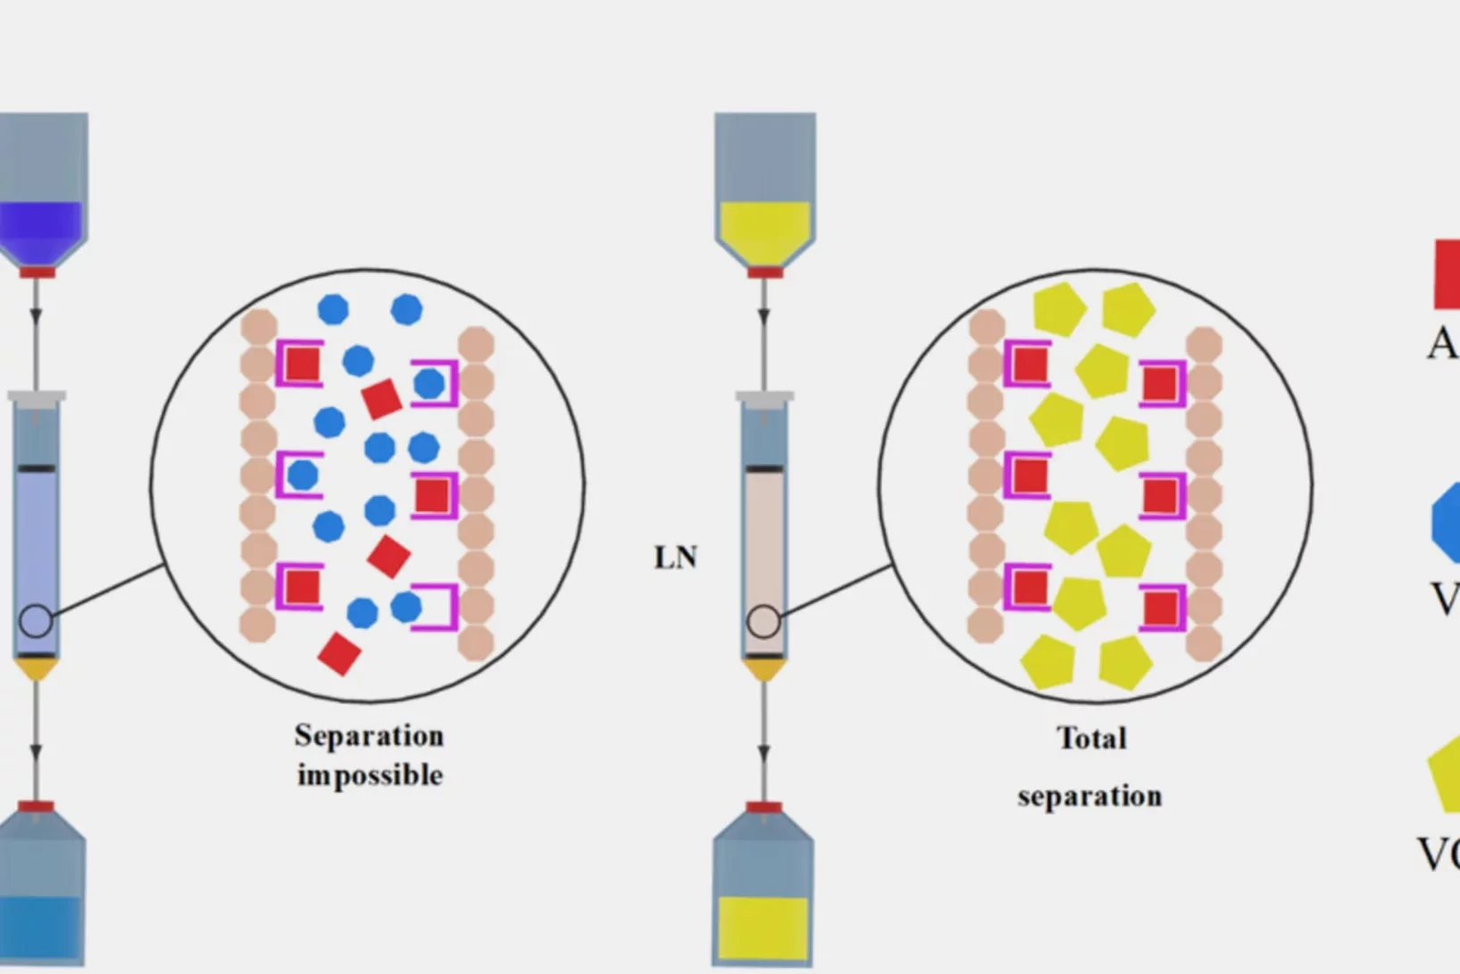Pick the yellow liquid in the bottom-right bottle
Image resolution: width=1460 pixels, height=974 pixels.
point(763,928)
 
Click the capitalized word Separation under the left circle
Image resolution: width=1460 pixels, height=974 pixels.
point(369,736)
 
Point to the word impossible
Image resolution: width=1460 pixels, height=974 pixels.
point(370,775)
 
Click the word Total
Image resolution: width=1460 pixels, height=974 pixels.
point(1091,738)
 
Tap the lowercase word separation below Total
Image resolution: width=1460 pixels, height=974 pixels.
point(1089,795)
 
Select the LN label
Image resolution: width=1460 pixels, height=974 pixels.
point(675,558)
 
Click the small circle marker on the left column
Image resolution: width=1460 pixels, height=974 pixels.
point(36,621)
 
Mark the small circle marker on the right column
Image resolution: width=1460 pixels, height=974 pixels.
point(763,621)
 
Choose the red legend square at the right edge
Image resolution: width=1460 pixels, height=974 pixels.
point(1447,274)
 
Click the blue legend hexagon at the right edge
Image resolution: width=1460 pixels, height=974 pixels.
point(1447,525)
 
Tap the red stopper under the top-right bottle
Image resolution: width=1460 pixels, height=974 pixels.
point(764,272)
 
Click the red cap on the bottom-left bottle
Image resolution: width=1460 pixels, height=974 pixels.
point(37,807)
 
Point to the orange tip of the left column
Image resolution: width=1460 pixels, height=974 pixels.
point(37,668)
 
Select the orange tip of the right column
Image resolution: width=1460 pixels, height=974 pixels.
point(763,668)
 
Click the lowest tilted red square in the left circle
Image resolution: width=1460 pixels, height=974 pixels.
point(339,654)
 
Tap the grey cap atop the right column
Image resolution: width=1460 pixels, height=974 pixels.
point(764,396)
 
